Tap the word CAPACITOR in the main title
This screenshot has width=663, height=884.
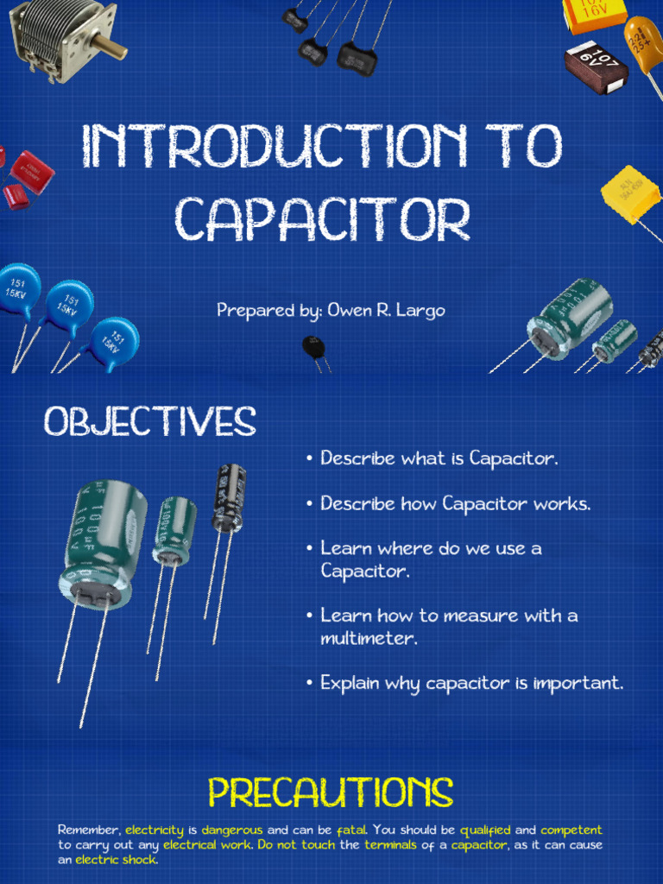(x=323, y=219)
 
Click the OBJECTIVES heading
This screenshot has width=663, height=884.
(x=150, y=422)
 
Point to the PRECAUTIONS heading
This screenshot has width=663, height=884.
(x=331, y=793)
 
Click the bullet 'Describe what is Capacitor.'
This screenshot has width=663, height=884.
(x=439, y=458)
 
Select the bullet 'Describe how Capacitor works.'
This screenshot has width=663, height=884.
(x=455, y=503)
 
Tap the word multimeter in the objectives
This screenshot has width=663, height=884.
(x=369, y=639)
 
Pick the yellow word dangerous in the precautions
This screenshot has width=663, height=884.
(x=232, y=830)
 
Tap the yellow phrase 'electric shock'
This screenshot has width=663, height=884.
(x=117, y=860)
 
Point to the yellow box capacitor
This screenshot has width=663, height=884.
(x=630, y=194)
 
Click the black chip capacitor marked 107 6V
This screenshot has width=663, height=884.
(x=596, y=66)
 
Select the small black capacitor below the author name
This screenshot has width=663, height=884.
(x=313, y=348)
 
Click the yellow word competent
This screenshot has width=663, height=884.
(x=571, y=830)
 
